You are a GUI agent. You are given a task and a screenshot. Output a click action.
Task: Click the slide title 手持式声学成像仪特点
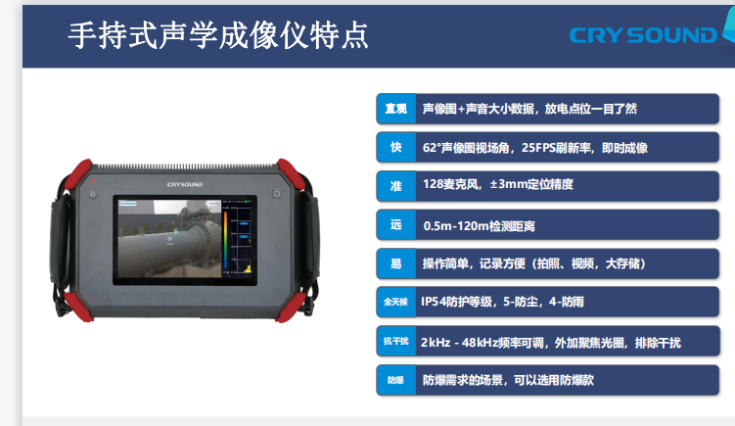218,35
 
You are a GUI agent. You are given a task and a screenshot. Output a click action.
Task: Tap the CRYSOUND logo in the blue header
643,35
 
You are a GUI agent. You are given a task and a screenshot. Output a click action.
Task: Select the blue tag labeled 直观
396,109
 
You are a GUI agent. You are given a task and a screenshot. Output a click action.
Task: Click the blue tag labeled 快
396,147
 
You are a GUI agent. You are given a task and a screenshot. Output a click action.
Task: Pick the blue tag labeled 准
396,186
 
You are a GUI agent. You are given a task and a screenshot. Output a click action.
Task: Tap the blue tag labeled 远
396,224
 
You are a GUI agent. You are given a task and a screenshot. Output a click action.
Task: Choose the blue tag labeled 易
396,263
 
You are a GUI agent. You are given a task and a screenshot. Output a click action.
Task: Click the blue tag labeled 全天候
396,302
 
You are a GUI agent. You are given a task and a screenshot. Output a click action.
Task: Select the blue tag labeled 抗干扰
396,341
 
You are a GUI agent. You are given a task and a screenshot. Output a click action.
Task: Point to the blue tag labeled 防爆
396,380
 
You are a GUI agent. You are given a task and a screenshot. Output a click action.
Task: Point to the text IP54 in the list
434,302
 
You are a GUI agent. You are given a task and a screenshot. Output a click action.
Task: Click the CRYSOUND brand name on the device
185,184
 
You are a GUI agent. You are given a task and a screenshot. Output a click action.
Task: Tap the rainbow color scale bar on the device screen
225,240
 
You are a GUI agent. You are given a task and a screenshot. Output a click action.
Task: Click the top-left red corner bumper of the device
77,174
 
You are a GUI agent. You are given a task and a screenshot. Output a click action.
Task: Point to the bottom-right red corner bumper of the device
291,307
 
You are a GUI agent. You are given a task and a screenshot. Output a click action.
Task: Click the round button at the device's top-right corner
277,194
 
